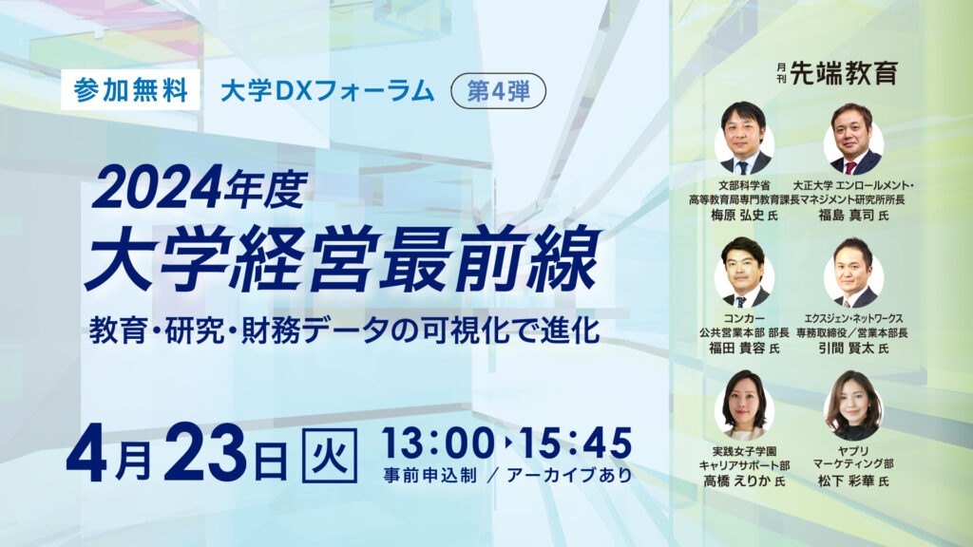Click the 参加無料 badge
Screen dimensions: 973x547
coord(130,90)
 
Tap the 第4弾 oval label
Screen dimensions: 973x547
coord(498,91)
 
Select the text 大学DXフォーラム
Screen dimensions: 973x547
coord(328,91)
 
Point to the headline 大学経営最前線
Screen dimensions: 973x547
coord(343,259)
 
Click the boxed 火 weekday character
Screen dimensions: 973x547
coord(330,455)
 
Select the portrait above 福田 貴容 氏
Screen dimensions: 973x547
coord(744,273)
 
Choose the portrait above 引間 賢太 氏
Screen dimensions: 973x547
coord(853,273)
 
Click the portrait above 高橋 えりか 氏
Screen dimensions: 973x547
coord(744,406)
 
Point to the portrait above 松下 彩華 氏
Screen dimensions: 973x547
coord(853,406)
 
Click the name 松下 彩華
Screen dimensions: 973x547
coord(846,481)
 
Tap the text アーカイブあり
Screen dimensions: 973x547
coord(569,475)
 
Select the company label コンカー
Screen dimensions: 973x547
coord(744,318)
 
